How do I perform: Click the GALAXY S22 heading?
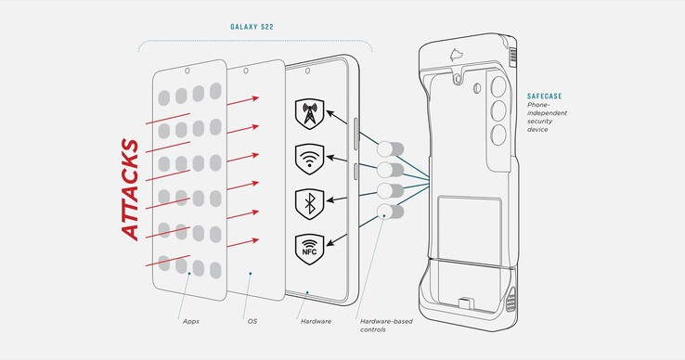pos(252,27)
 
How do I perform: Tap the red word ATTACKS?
pos(130,189)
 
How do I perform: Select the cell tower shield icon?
pos(309,113)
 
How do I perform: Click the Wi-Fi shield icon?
pos(309,159)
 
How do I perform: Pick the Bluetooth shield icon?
pos(309,204)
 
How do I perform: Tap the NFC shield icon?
pos(309,250)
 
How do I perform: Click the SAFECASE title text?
pos(544,96)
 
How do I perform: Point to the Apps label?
pos(191,322)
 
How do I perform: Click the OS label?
pos(252,321)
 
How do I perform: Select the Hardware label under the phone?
pos(316,321)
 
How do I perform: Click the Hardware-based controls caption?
pos(386,326)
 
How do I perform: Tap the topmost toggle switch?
pos(390,149)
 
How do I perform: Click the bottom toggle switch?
pos(390,212)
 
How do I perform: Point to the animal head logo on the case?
pos(456,55)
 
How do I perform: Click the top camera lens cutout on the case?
pos(498,86)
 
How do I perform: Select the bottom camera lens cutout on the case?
pos(498,135)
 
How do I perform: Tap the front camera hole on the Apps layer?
pos(187,71)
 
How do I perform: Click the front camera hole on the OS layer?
pos(246,71)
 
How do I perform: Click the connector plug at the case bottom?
pos(466,302)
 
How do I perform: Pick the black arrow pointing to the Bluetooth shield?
pos(342,199)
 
